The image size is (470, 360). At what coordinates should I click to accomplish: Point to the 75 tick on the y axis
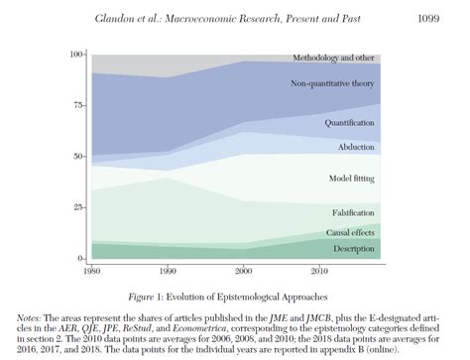tap(79, 106)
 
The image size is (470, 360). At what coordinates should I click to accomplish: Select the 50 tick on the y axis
tap(79, 157)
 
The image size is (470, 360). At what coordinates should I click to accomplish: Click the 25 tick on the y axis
tap(79, 207)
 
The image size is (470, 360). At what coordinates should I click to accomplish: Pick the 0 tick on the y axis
tap(82, 259)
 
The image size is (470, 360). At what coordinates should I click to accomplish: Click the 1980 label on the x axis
tap(90, 270)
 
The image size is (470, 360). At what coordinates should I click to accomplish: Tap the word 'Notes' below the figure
tap(30, 315)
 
